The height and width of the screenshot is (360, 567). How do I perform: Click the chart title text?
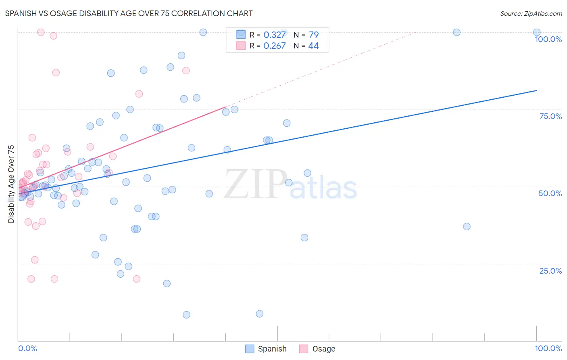click(129, 13)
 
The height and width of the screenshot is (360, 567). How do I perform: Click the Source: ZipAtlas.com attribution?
click(531, 14)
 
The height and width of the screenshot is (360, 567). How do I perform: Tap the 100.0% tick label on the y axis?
click(548, 39)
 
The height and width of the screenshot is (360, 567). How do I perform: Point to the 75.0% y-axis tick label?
click(550, 116)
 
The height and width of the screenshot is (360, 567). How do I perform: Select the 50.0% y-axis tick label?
click(550, 193)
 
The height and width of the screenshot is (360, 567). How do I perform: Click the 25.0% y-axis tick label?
click(550, 271)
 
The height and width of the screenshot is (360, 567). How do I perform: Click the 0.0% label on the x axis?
click(27, 348)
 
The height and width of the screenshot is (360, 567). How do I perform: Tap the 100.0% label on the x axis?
click(548, 348)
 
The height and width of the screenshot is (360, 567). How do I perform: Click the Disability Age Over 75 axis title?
click(11, 184)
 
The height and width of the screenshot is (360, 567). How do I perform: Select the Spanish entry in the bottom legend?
click(272, 349)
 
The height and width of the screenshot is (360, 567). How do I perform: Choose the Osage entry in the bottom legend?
click(323, 349)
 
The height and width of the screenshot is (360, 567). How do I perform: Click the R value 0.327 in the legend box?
click(274, 35)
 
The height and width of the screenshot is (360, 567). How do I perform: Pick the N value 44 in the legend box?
click(313, 46)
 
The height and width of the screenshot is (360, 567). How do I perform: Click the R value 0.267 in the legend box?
click(274, 46)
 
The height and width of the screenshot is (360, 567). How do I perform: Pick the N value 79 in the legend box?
click(313, 35)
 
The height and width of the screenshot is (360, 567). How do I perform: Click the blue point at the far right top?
click(537, 32)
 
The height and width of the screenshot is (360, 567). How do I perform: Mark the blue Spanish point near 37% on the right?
click(467, 226)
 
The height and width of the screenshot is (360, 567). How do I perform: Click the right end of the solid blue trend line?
click(536, 90)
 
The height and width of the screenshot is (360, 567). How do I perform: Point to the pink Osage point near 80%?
click(139, 94)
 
